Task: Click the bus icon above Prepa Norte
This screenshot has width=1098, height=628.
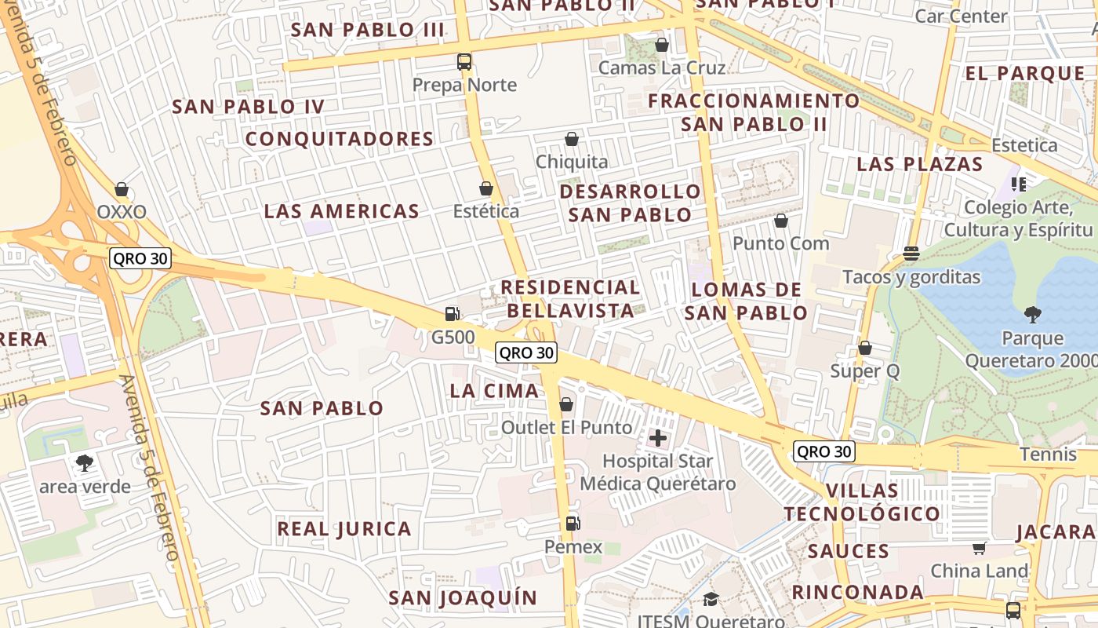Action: pos(464,61)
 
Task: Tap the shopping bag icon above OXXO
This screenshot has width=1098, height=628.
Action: pos(122,189)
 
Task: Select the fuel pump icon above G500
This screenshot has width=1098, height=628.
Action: pos(452,314)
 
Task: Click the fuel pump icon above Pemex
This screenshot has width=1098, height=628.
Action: pos(573,523)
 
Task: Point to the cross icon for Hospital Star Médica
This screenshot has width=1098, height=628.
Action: pos(658,438)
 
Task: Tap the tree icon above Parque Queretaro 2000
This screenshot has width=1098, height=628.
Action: pos(1033,315)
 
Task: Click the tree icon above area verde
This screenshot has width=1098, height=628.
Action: pos(85,463)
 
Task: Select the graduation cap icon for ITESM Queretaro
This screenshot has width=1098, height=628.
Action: pos(711,600)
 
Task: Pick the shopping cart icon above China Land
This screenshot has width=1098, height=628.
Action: pos(980,548)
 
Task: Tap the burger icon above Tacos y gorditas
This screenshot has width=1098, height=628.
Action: pos(911,254)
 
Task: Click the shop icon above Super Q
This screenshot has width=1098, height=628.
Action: pos(865,347)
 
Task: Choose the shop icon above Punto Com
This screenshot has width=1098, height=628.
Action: pos(780,221)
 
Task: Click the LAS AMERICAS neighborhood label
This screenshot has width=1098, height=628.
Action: pos(342,211)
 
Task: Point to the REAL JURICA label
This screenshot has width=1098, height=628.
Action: pos(344,529)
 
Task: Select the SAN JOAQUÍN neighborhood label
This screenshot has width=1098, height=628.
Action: pos(464,598)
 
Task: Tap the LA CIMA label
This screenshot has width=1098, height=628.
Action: pos(494,391)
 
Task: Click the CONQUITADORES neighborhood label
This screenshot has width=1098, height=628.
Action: pos(340,139)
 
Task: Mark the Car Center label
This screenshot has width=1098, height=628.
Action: pos(961,16)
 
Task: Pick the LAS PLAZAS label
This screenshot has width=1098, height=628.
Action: pos(919,164)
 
